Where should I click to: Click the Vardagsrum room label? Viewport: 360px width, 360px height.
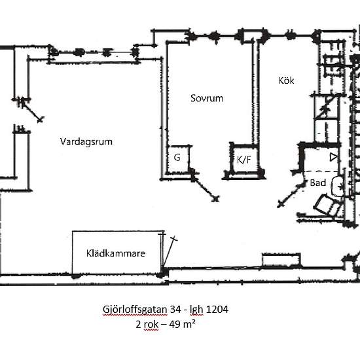pyautogui.click(x=86, y=141)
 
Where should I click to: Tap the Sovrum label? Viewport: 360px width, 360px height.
pyautogui.click(x=207, y=98)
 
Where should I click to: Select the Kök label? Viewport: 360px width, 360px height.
pyautogui.click(x=286, y=81)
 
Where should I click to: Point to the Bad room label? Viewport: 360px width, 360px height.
pyautogui.click(x=318, y=183)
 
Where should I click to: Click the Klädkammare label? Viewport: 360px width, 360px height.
pyautogui.click(x=116, y=253)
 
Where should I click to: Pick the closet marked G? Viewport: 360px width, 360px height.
pyautogui.click(x=177, y=159)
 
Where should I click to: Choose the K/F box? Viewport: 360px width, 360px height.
pyautogui.click(x=244, y=160)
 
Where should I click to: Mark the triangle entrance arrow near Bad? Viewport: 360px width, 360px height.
pyautogui.click(x=333, y=157)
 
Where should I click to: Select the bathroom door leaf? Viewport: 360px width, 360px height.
pyautogui.click(x=291, y=194)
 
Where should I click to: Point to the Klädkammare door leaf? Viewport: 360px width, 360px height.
pyautogui.click(x=170, y=252)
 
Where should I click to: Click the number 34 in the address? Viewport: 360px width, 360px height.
pyautogui.click(x=175, y=309)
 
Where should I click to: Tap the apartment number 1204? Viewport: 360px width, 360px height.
pyautogui.click(x=217, y=309)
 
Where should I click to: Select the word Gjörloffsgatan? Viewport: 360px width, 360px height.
pyautogui.click(x=135, y=310)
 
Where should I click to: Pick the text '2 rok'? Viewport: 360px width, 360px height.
pyautogui.click(x=147, y=325)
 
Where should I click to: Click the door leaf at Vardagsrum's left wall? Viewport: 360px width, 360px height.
pyautogui.click(x=31, y=110)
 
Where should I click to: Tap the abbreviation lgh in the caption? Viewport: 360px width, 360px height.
pyautogui.click(x=196, y=310)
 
